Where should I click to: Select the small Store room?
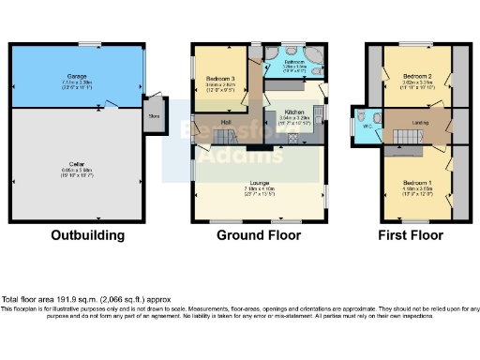pos(154,116)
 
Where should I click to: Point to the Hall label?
pos(226,121)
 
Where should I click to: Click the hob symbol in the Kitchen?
pos(292,137)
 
